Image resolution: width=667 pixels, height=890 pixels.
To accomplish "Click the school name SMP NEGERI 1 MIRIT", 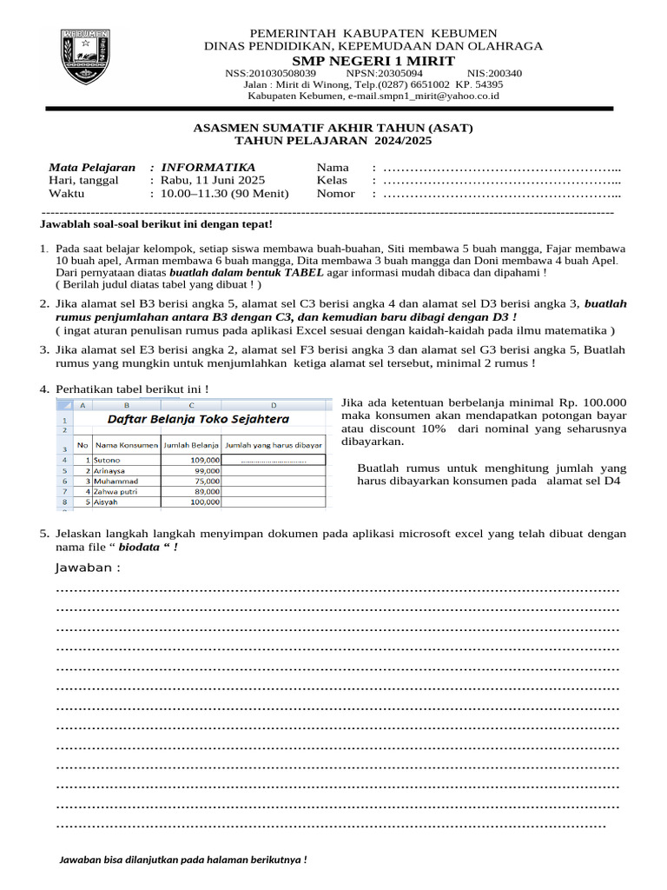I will [373, 60].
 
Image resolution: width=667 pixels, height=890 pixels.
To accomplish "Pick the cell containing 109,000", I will [204, 459].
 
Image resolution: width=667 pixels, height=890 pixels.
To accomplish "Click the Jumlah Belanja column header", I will [191, 445].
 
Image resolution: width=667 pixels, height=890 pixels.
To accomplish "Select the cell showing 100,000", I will [204, 502].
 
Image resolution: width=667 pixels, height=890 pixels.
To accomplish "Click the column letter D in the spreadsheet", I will [274, 405].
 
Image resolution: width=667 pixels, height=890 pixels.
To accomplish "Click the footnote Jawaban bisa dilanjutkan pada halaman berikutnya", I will [182, 860].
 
